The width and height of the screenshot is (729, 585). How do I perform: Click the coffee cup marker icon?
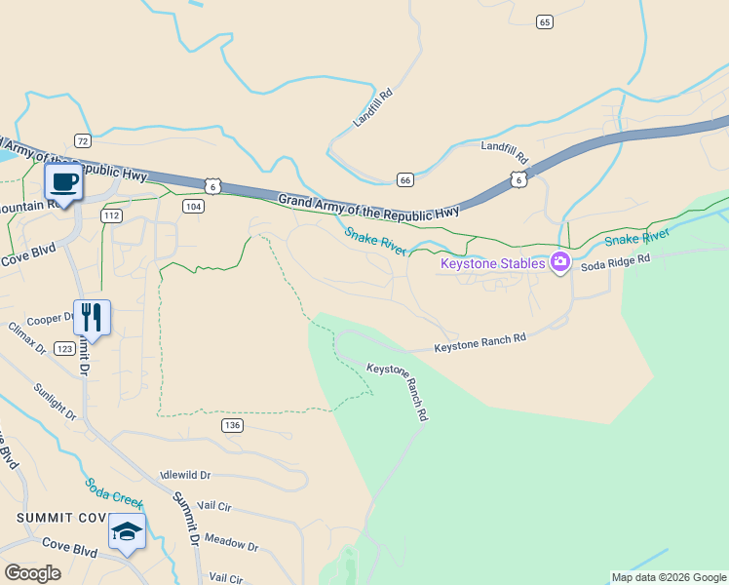click(x=64, y=181)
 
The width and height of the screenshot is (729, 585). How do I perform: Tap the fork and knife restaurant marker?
click(x=92, y=317)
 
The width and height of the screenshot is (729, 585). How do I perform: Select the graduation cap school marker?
click(x=127, y=531)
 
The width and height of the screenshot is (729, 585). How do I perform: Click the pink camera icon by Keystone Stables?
click(x=559, y=261)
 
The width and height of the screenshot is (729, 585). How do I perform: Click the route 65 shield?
click(x=544, y=21)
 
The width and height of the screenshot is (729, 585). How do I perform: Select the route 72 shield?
click(x=82, y=141)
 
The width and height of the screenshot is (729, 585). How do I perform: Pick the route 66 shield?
click(x=405, y=179)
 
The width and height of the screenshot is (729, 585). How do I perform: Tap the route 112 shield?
click(x=111, y=215)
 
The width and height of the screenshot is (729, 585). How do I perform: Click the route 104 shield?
click(x=193, y=206)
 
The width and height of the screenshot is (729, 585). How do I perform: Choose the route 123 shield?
click(x=64, y=348)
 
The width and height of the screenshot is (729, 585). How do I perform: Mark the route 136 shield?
click(x=231, y=425)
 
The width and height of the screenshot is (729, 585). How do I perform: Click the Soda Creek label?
click(x=113, y=493)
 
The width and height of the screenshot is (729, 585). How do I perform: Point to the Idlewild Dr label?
click(x=185, y=475)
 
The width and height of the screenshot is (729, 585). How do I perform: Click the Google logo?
click(x=32, y=573)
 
